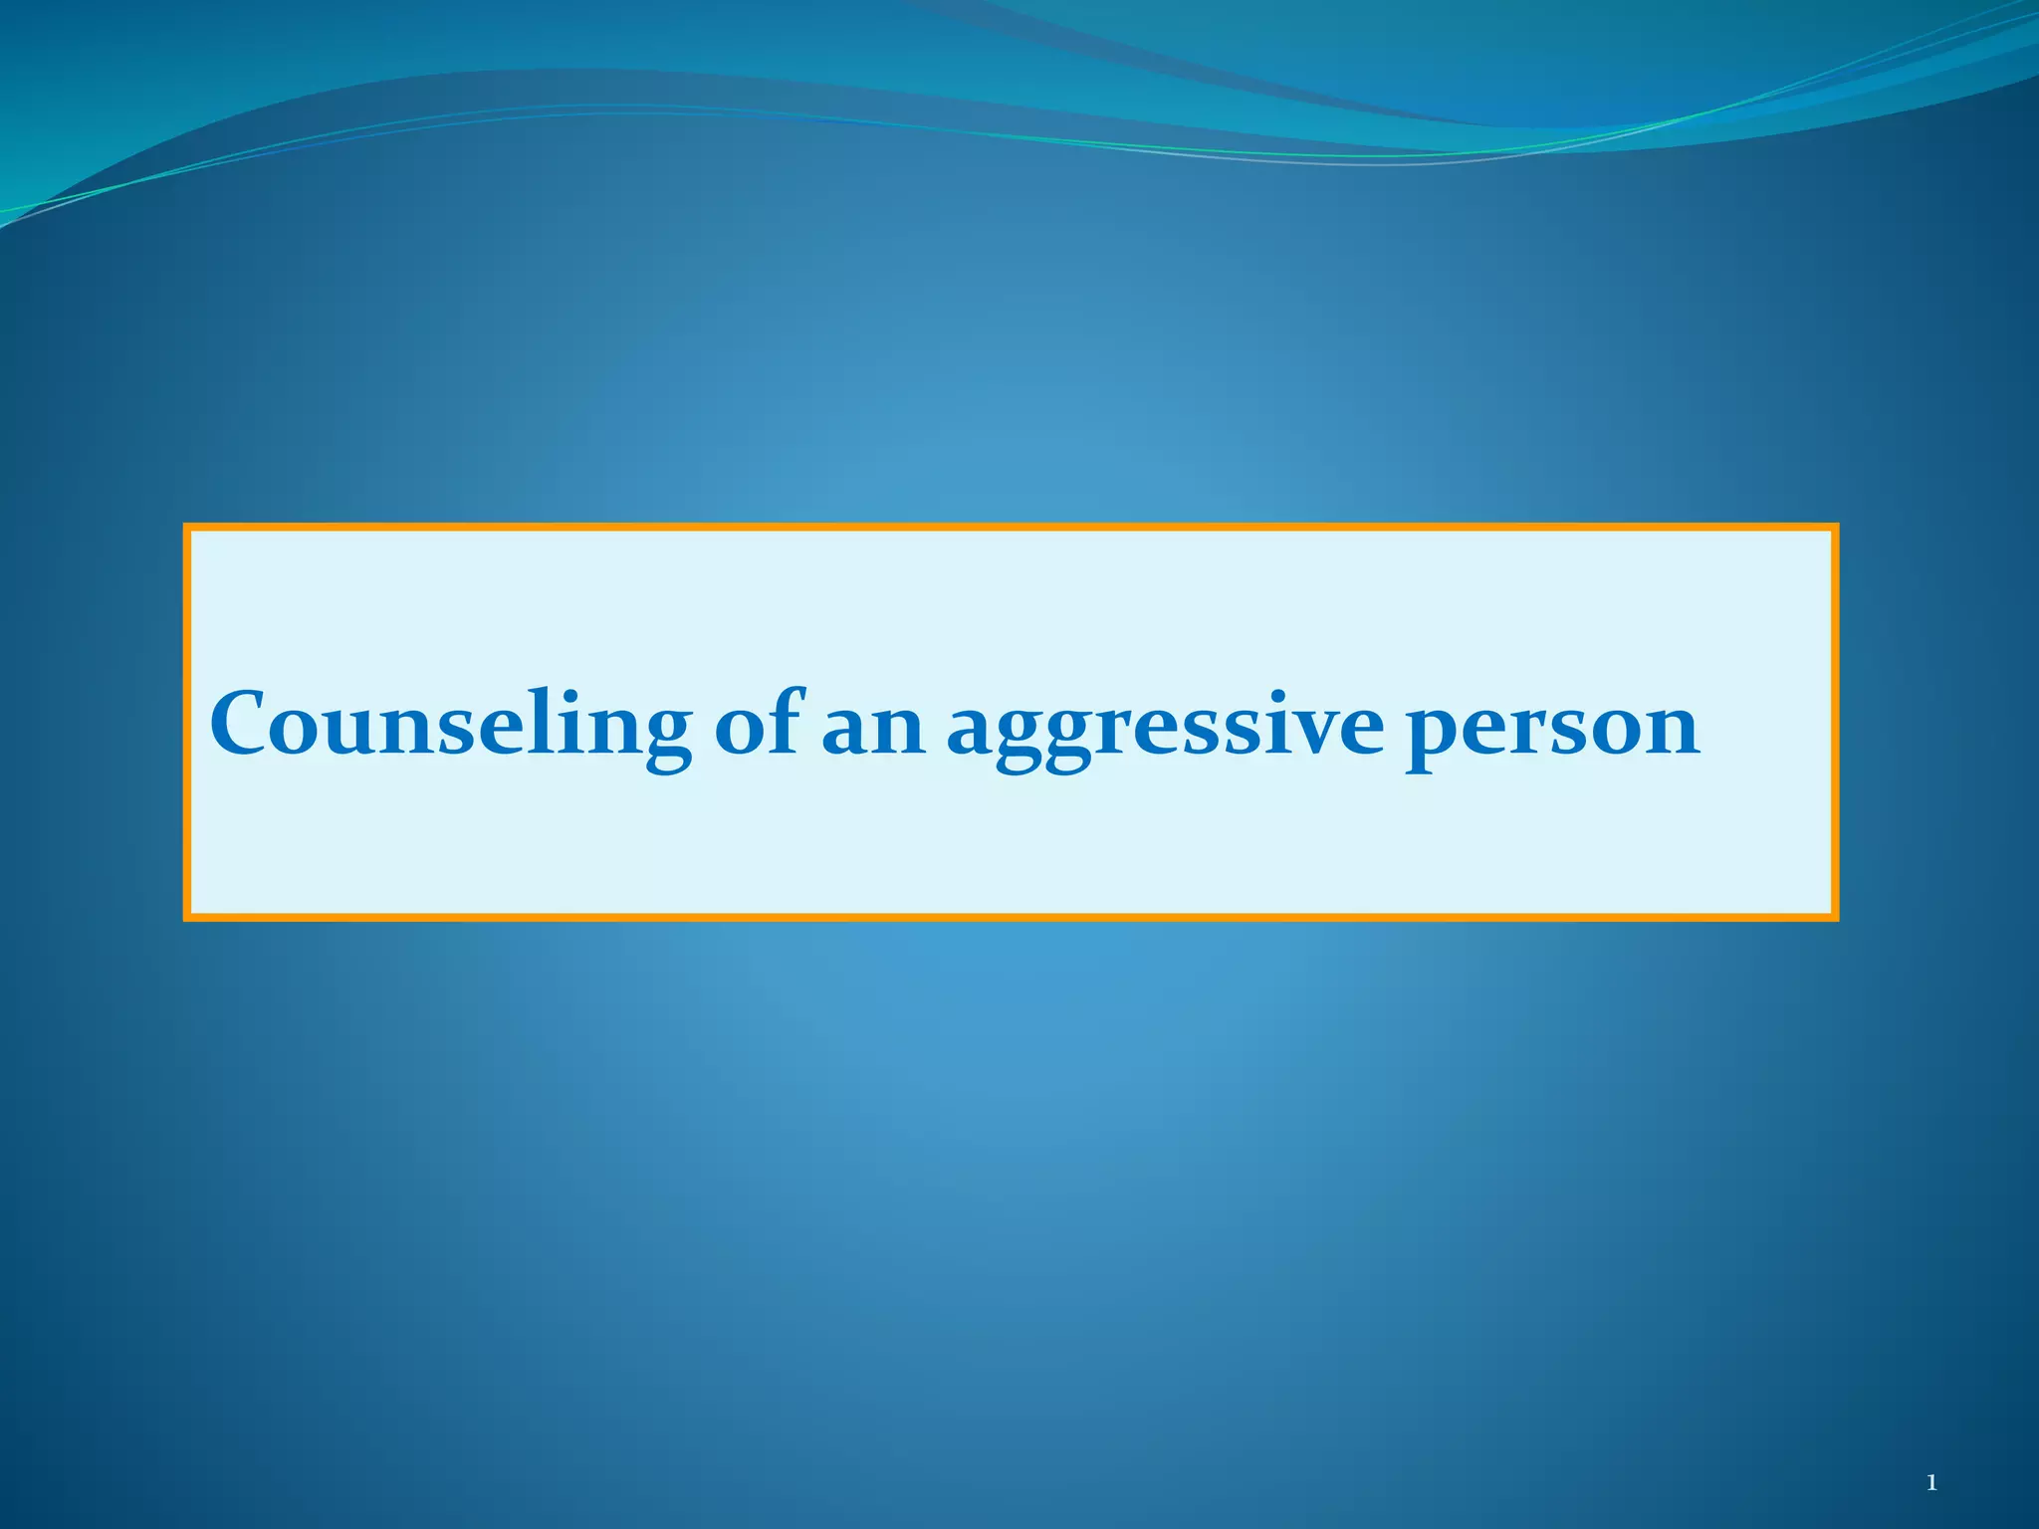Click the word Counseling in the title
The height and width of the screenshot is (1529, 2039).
(x=450, y=725)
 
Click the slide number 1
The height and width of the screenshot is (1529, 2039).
(x=1931, y=1483)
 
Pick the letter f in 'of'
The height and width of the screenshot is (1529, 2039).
(x=786, y=719)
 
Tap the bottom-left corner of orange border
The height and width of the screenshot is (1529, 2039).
(x=187, y=917)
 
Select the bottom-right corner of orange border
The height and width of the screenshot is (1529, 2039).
(x=1834, y=917)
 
